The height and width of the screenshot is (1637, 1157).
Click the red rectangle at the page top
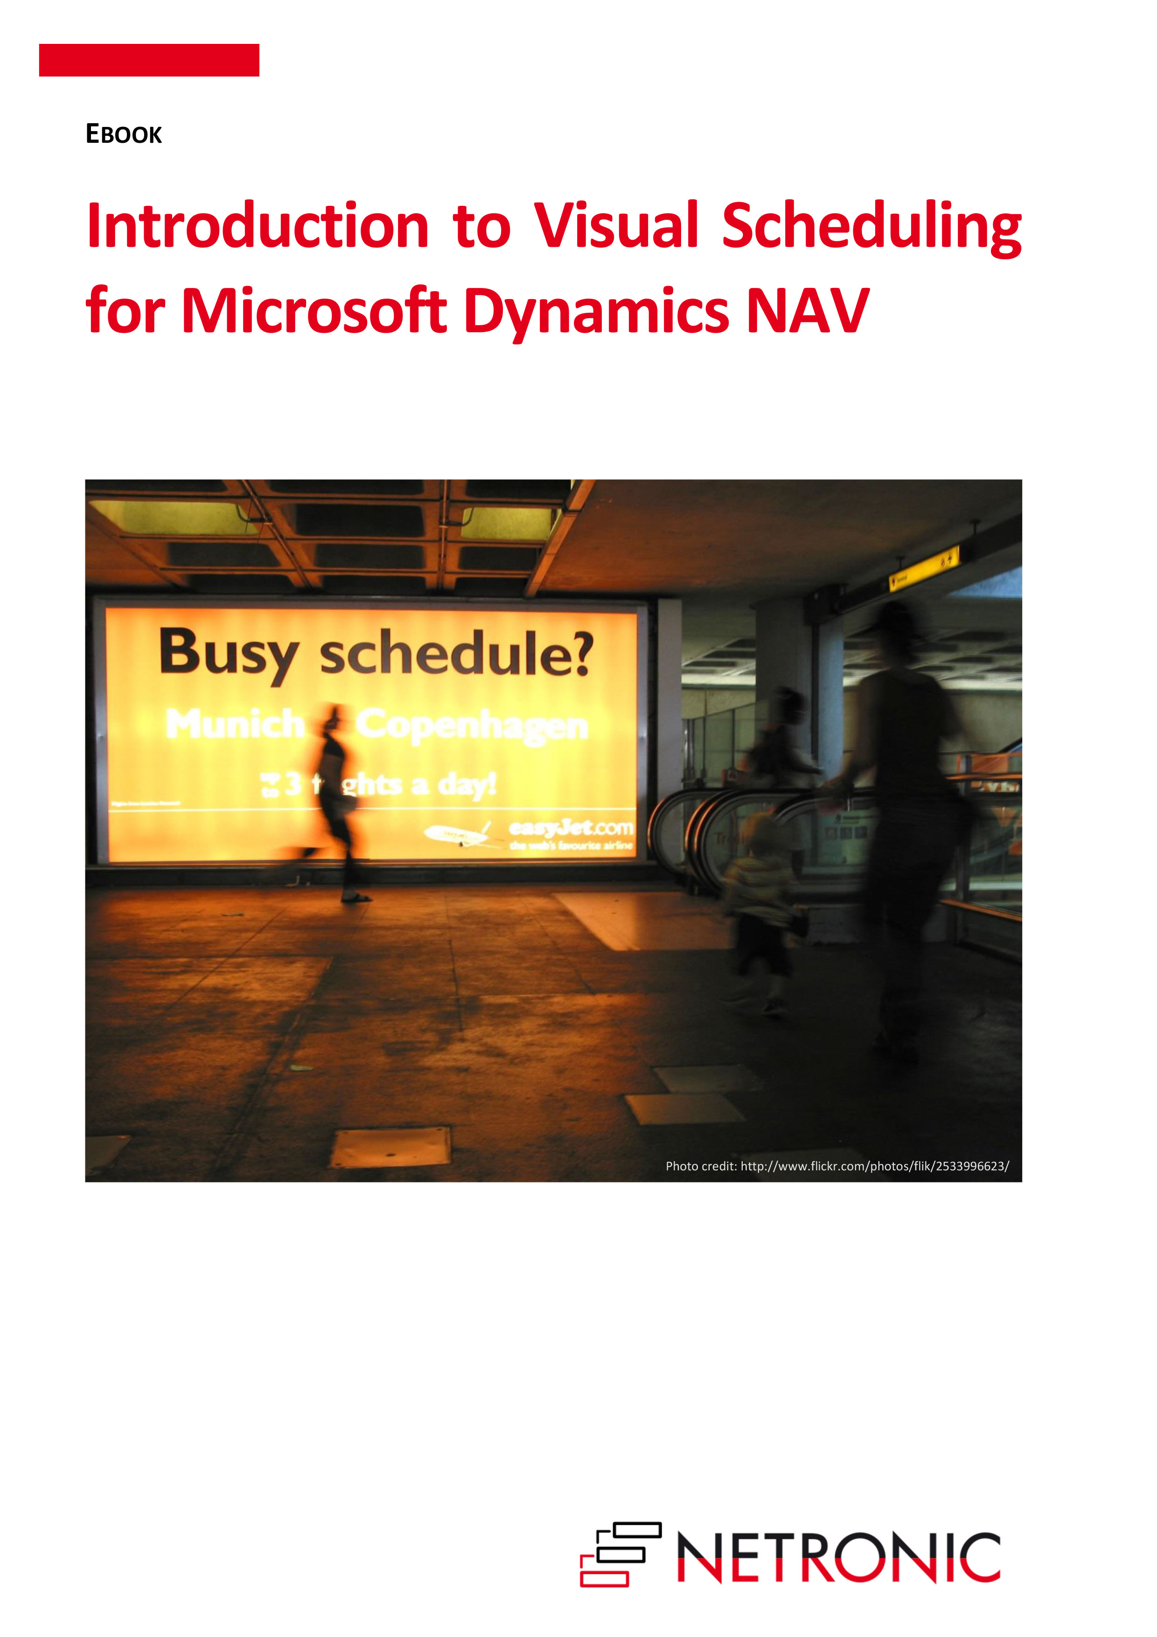coord(149,60)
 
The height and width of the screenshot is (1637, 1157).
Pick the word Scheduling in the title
coord(872,228)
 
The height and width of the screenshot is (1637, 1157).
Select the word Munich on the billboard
coord(235,724)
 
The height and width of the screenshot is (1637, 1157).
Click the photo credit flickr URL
coord(874,1166)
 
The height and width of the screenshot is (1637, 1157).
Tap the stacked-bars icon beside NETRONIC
coord(620,1554)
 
